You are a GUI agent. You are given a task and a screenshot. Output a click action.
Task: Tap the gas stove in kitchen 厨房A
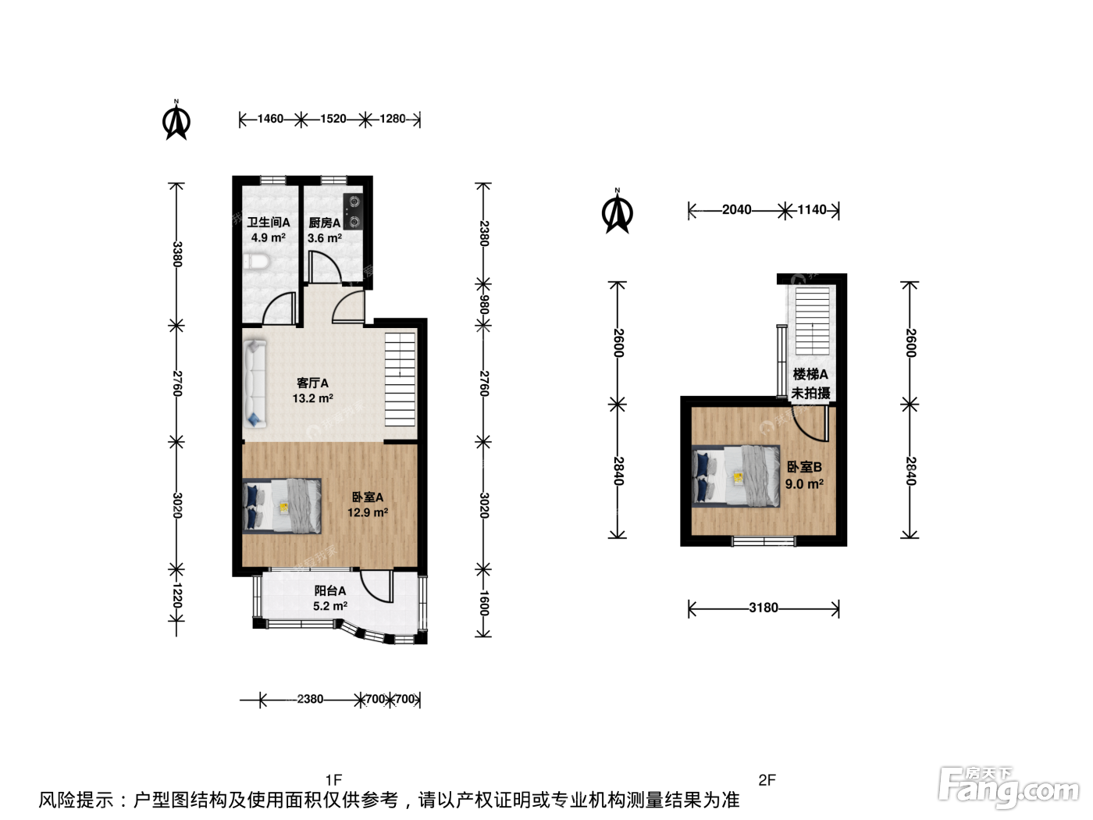[x=353, y=212]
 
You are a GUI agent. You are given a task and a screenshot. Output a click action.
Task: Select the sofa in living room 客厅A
[x=255, y=383]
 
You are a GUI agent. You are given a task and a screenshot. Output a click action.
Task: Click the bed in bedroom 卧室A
[x=282, y=506]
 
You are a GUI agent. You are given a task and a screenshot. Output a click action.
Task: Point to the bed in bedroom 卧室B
[x=736, y=476]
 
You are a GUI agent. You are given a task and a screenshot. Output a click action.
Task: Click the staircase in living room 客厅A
[x=400, y=380]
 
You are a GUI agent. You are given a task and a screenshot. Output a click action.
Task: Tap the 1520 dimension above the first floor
[x=333, y=119]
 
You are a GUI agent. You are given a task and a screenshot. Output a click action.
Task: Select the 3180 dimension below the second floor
[x=764, y=608]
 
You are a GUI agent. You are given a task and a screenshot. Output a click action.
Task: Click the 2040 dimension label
[x=737, y=209]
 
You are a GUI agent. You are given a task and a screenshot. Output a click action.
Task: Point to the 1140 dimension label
[x=812, y=209]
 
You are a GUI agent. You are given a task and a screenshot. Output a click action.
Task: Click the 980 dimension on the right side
[x=484, y=305]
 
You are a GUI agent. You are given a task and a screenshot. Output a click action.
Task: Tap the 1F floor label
[x=333, y=779]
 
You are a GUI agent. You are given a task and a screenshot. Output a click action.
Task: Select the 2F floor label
[x=767, y=779]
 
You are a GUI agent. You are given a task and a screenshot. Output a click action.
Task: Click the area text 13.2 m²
[x=313, y=398]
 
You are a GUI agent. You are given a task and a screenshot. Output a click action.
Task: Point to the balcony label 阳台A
[x=329, y=591]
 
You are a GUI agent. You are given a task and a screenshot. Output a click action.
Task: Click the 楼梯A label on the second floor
[x=810, y=374]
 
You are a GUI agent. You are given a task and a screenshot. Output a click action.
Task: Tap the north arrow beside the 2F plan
[x=618, y=212]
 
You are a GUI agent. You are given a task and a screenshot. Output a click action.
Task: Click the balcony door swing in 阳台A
[x=377, y=586]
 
